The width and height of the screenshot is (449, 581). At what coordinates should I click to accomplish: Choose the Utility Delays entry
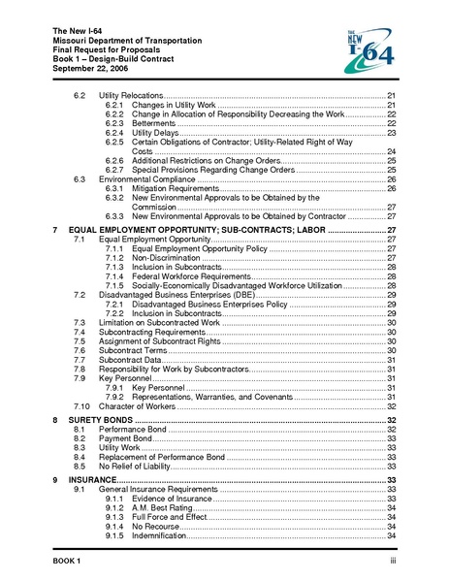[158, 133]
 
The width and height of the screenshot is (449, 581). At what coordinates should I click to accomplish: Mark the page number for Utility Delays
[390, 133]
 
